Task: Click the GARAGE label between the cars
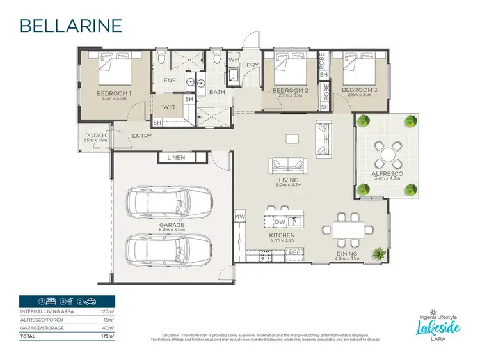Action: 172,225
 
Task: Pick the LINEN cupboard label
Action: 177,157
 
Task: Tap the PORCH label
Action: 95,136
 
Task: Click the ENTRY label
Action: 142,136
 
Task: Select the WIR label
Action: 170,107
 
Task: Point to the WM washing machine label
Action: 234,59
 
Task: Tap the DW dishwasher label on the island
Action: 280,222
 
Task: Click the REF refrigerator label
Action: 294,253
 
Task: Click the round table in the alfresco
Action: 387,155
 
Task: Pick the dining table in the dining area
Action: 348,228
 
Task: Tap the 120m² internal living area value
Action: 107,311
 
